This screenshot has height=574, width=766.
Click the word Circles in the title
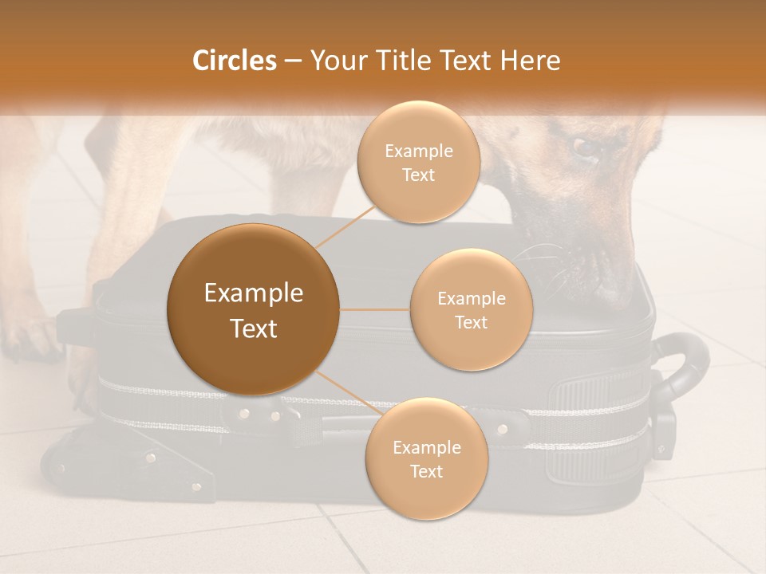pyautogui.click(x=234, y=61)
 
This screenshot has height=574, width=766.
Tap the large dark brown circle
pyautogui.click(x=253, y=309)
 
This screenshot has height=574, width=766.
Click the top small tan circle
pyautogui.click(x=417, y=163)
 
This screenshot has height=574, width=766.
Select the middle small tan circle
pyautogui.click(x=471, y=310)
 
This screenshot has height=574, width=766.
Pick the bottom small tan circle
pyautogui.click(x=426, y=459)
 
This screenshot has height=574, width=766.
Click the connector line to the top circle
pyautogui.click(x=345, y=226)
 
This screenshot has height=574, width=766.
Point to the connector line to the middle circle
pyautogui.click(x=374, y=309)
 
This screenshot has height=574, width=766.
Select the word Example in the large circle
pyautogui.click(x=253, y=293)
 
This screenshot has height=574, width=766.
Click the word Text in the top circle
pyautogui.click(x=417, y=175)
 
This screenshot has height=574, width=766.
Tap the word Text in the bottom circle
pyautogui.click(x=426, y=472)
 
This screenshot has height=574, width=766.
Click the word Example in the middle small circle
pyautogui.click(x=471, y=298)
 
